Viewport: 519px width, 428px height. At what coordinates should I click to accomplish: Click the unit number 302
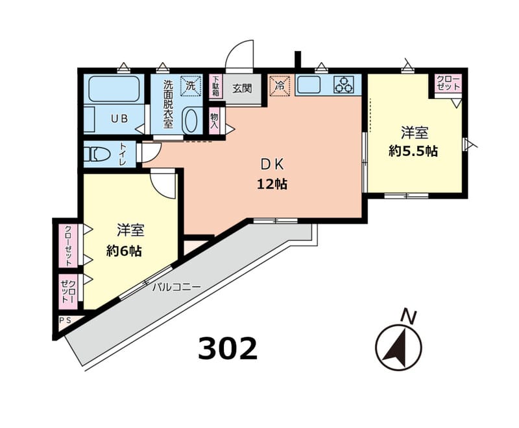click(x=228, y=348)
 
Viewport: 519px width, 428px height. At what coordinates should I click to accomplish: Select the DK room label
click(x=272, y=164)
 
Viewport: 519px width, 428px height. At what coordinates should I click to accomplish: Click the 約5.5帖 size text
click(x=413, y=152)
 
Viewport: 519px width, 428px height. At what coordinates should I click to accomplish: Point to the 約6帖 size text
click(x=124, y=251)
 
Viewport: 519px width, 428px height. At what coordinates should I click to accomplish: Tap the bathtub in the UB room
click(x=114, y=89)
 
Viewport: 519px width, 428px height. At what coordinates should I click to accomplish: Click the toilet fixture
click(x=97, y=154)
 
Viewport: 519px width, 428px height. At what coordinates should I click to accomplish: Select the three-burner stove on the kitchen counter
click(x=344, y=85)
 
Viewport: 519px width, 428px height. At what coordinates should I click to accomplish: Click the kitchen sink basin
click(x=309, y=85)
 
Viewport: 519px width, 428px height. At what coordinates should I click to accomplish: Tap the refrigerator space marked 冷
click(x=280, y=86)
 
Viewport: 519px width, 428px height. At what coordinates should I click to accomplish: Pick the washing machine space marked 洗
click(x=191, y=85)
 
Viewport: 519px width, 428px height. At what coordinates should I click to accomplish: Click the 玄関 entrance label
click(x=242, y=89)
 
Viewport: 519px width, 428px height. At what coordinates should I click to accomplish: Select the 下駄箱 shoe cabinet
click(x=216, y=86)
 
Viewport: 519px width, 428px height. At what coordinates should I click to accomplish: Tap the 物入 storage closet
click(x=215, y=121)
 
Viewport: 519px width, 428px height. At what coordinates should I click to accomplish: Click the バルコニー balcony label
click(x=176, y=287)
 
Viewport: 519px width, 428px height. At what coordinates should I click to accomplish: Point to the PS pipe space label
click(x=66, y=320)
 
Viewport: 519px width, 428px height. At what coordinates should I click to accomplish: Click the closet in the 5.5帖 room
click(x=448, y=83)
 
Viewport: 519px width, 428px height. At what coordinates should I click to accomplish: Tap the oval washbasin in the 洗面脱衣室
click(x=191, y=120)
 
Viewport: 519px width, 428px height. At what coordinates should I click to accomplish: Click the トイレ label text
click(x=123, y=154)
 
